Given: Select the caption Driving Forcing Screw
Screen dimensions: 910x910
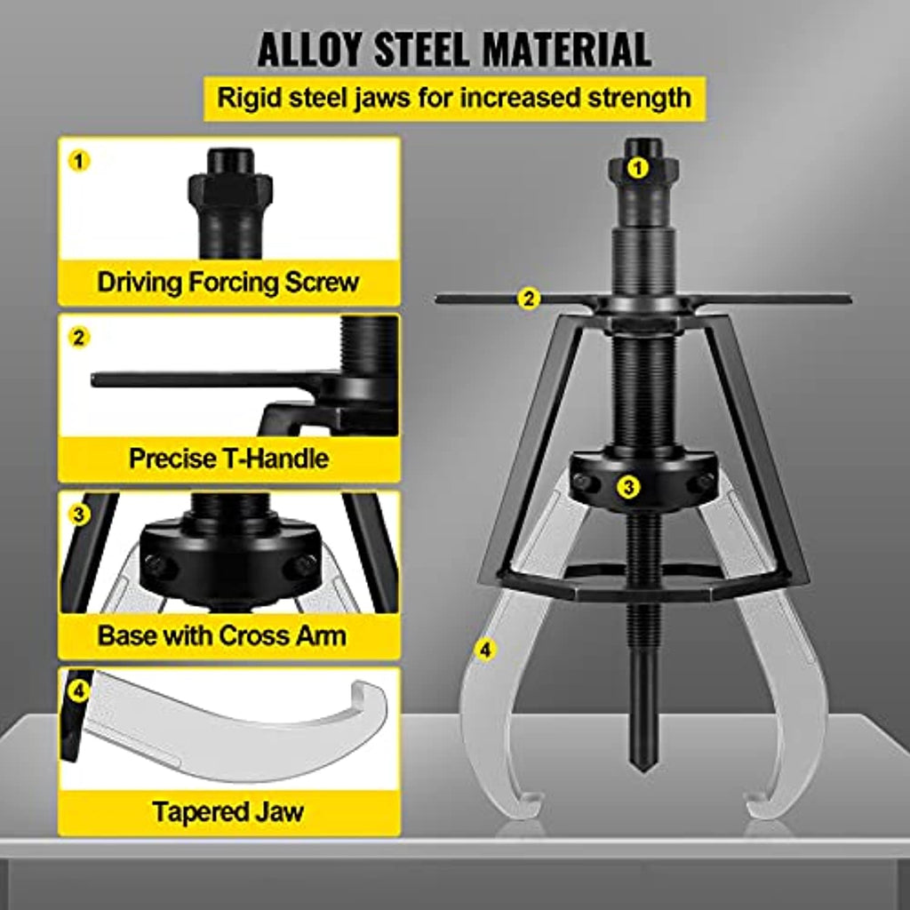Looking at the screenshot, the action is point(228,282).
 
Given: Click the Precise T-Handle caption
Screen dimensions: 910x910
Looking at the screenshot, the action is point(228,459).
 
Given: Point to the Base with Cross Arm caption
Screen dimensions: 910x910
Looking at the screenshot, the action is point(221,635).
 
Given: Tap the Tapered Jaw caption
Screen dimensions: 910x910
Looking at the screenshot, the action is point(228,811).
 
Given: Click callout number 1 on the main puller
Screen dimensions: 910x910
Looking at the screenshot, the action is point(638,169).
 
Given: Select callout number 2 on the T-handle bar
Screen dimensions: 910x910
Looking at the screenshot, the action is point(529,299).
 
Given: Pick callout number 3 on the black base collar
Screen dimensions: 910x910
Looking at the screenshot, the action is point(628,486).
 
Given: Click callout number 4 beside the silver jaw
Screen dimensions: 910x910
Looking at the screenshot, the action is point(485,650).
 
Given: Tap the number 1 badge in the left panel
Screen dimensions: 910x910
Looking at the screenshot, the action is point(79,161).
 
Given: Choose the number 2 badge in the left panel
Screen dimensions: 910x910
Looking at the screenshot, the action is point(79,337).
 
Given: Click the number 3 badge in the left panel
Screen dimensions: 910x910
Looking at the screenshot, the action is point(79,514).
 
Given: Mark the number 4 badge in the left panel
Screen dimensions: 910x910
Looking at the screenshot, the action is point(79,690).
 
